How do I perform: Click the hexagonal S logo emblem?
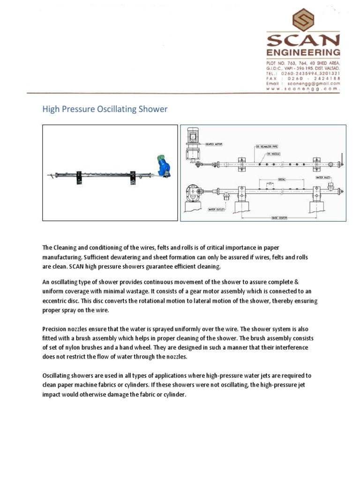pos(303,20)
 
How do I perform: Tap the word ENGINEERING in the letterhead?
pos(303,52)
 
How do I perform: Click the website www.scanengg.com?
pos(303,89)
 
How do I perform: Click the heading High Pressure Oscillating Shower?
pos(105,109)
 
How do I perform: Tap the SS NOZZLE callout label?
pos(274,154)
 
